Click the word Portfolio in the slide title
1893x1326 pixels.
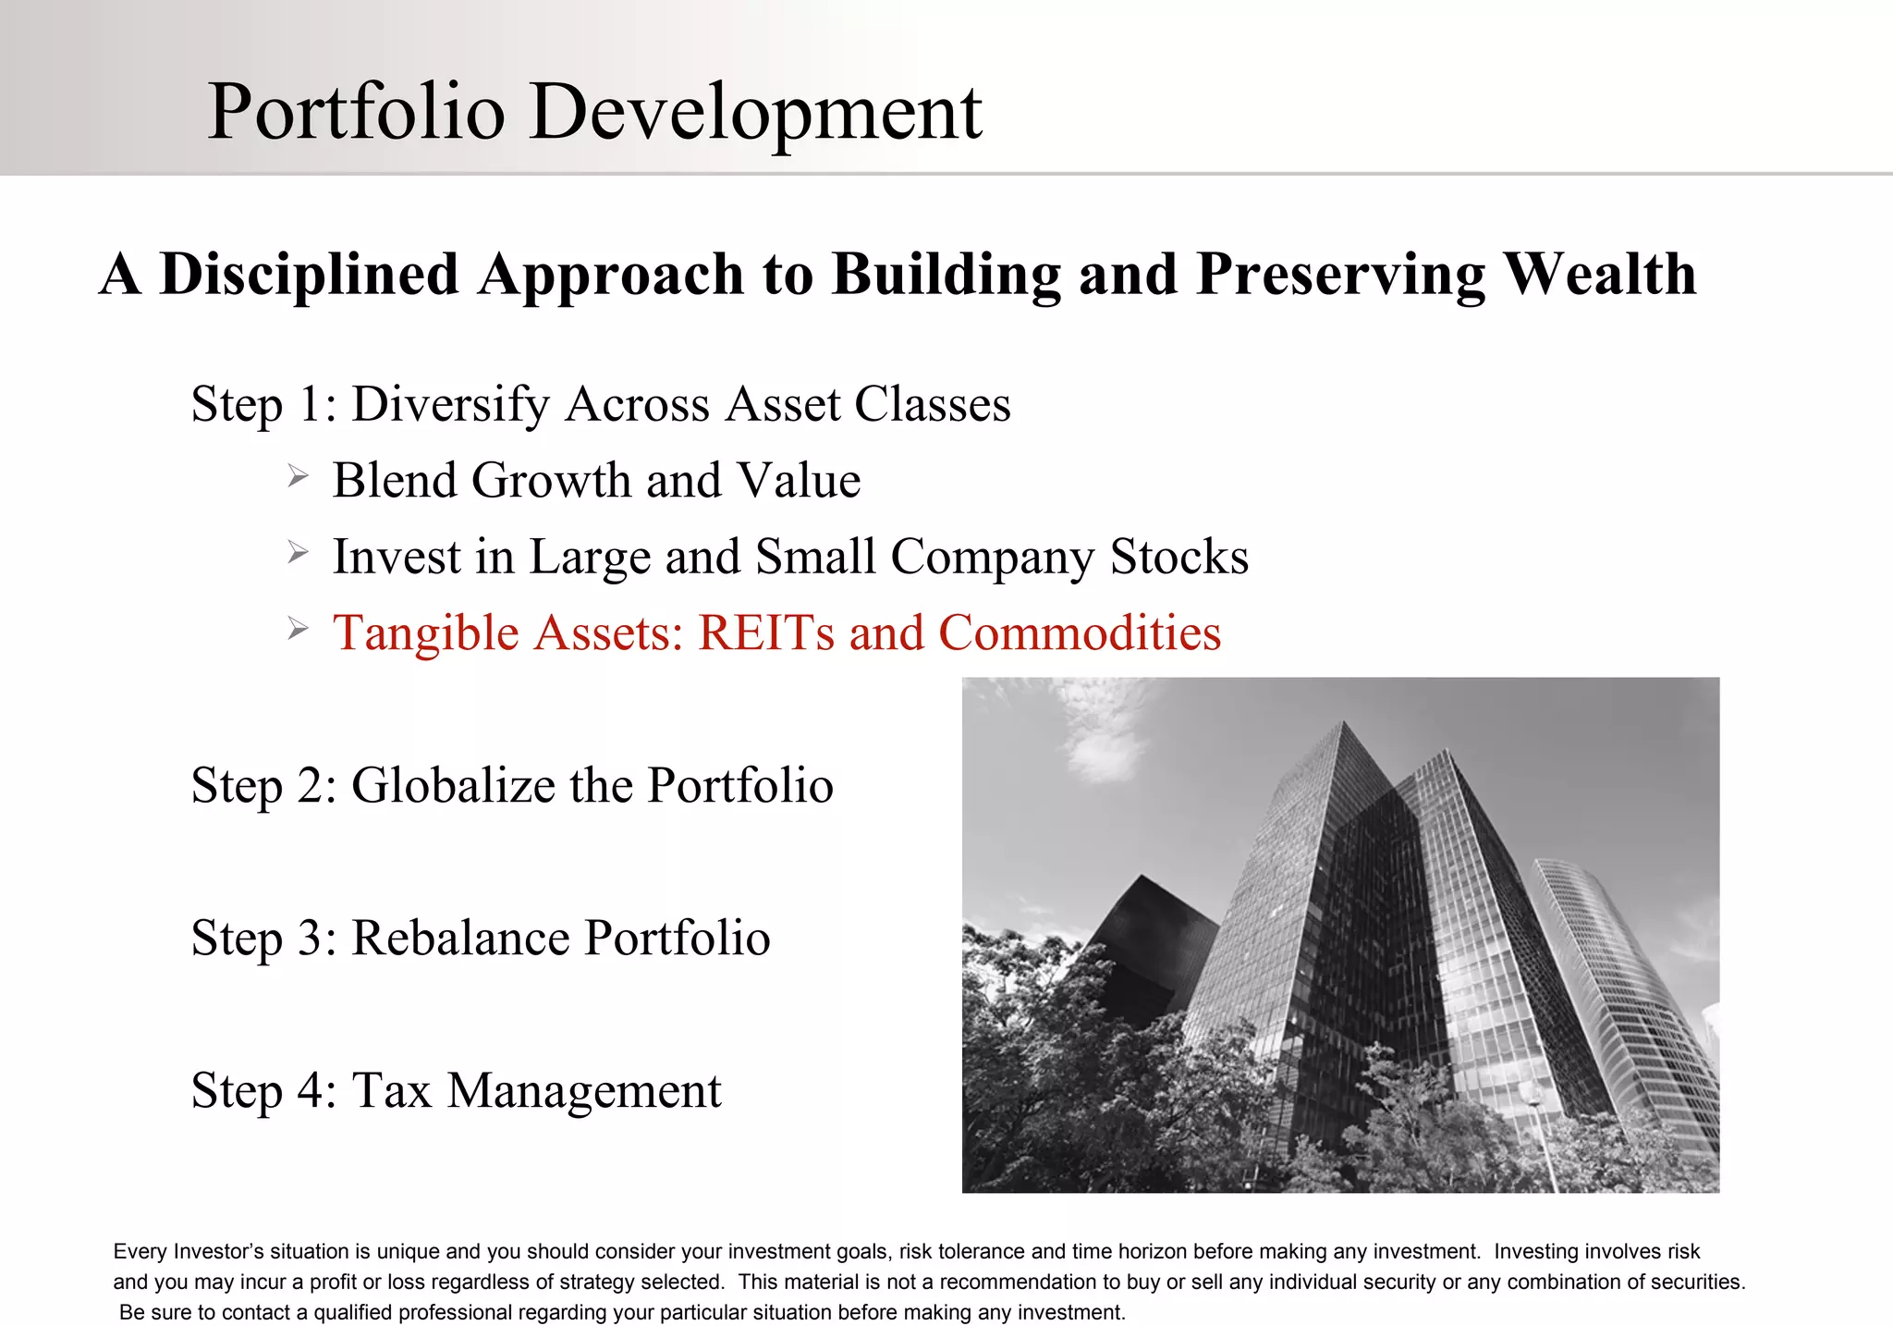click(356, 113)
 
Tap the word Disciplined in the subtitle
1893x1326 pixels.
click(309, 276)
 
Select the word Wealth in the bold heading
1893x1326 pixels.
click(1599, 275)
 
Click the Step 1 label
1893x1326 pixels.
click(263, 405)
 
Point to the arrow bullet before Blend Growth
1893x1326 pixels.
click(297, 477)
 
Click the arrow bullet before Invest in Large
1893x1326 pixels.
click(297, 553)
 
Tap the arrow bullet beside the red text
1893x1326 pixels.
click(297, 630)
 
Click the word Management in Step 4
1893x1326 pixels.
click(584, 1091)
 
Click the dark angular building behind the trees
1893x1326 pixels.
click(1151, 934)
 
